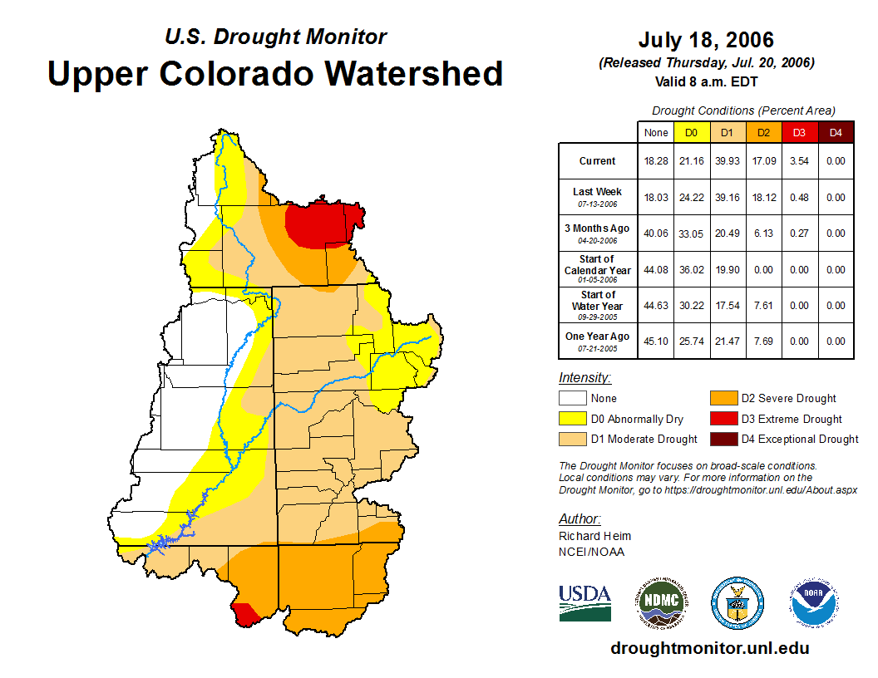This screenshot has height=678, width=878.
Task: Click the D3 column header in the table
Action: [799, 132]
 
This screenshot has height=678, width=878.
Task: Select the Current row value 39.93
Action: [728, 161]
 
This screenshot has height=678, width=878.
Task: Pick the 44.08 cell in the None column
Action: [656, 270]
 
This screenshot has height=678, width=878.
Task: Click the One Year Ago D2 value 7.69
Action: [763, 341]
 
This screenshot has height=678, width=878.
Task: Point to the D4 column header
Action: [836, 132]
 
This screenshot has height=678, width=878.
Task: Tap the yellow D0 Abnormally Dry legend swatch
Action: [572, 419]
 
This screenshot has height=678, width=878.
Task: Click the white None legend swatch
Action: [572, 399]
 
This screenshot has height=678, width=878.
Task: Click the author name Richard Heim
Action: [594, 536]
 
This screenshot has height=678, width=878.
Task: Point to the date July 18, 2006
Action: [706, 40]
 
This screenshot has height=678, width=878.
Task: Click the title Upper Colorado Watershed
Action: [275, 73]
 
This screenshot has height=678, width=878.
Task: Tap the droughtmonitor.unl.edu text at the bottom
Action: [709, 648]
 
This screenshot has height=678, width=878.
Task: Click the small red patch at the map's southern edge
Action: [245, 615]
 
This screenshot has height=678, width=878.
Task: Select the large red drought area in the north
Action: [320, 223]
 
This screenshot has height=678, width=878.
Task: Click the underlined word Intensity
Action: [585, 377]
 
